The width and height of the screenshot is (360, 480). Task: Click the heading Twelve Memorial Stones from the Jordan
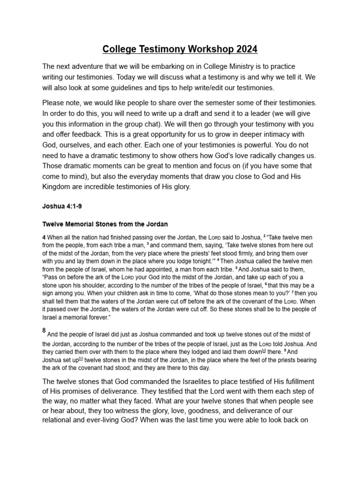[x=105, y=224]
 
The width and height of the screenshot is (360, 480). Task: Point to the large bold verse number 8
[x=44, y=330]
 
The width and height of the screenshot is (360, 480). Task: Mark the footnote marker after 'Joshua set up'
[x=81, y=360]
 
